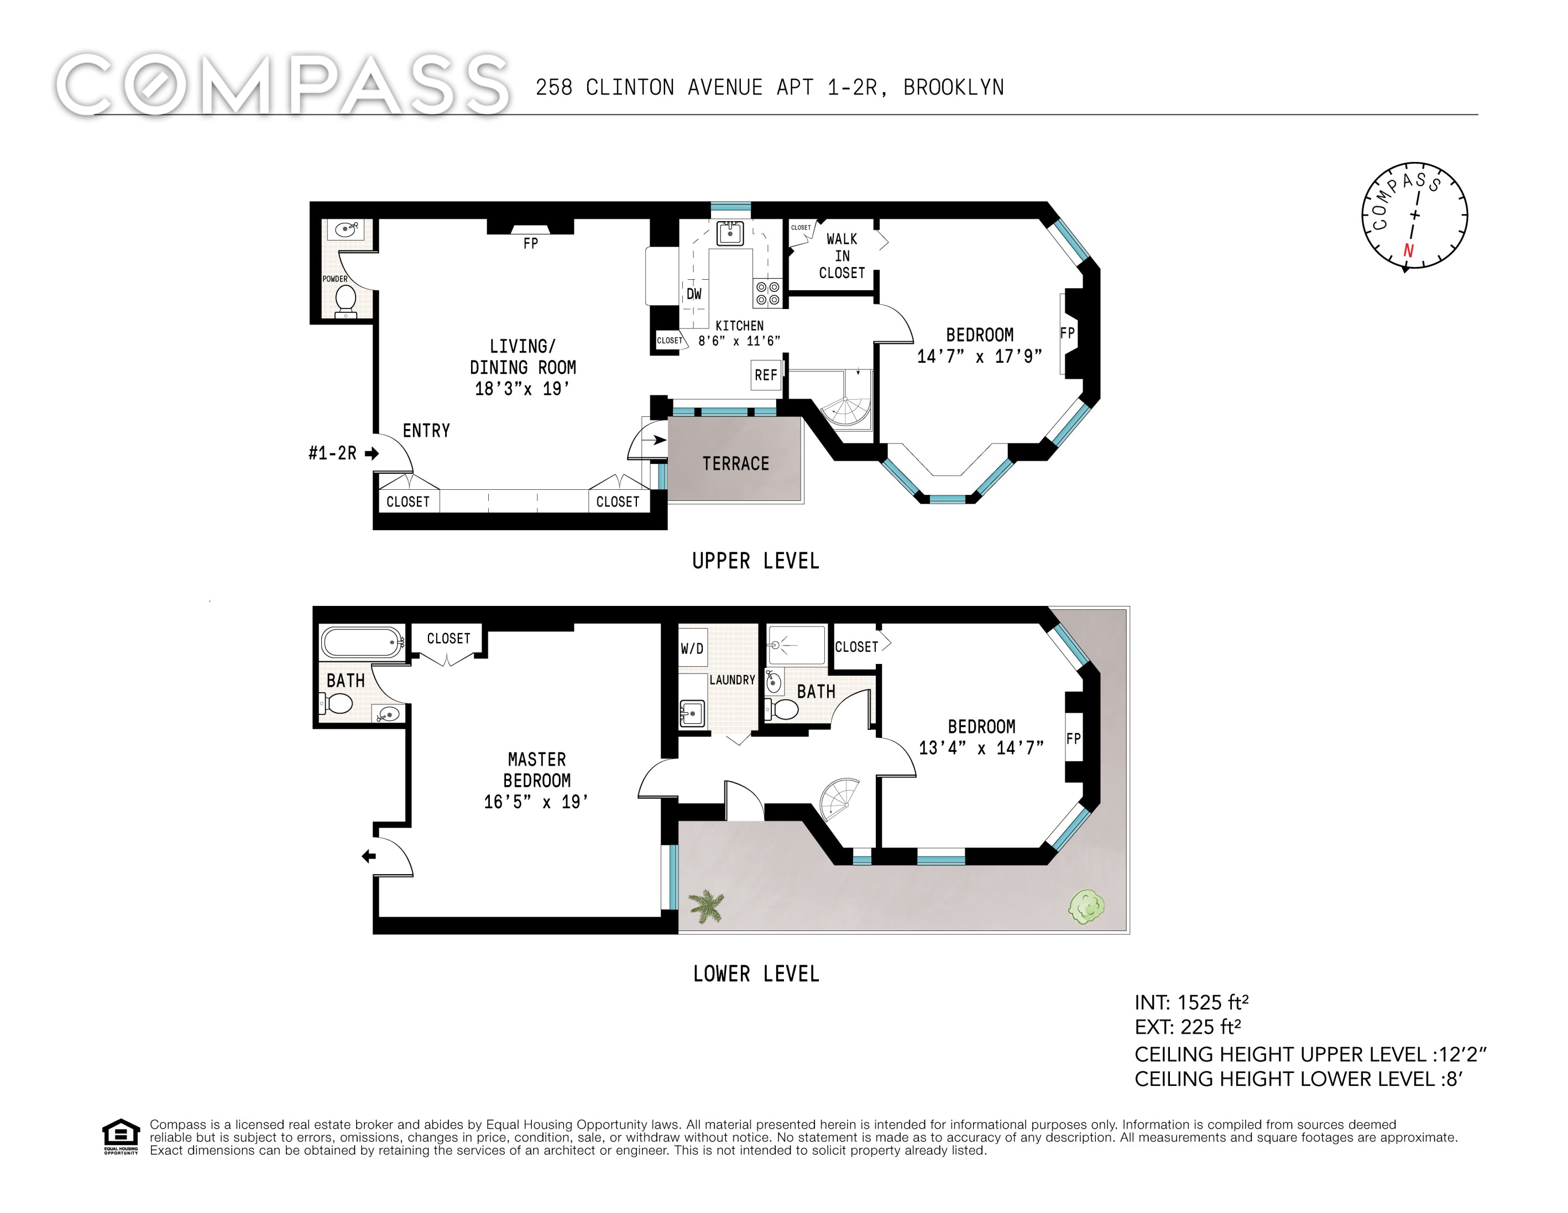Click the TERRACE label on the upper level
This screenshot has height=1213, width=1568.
[x=736, y=464]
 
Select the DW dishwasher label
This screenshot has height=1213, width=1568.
[x=693, y=294]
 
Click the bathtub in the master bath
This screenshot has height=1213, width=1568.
[x=363, y=642]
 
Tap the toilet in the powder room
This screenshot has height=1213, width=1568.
[x=346, y=301]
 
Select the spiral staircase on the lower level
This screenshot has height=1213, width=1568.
[x=839, y=797]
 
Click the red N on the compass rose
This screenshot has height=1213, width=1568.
[x=1408, y=250]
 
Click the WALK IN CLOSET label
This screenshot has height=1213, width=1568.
[x=842, y=256]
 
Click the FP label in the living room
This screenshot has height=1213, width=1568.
[x=531, y=244]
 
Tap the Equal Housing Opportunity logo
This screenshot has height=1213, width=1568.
[x=121, y=1136]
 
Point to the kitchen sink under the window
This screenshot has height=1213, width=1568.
[x=730, y=233]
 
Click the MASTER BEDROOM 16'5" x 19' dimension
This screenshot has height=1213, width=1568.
[x=536, y=802]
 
